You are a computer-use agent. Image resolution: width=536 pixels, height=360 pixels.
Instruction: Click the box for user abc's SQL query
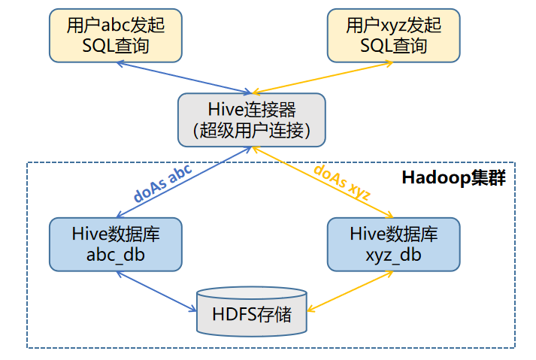116,35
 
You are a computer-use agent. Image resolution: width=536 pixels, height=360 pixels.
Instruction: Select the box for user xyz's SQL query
393,35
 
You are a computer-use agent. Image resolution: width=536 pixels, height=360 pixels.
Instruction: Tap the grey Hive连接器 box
252,120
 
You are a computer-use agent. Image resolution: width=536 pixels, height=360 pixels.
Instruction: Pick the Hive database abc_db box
116,244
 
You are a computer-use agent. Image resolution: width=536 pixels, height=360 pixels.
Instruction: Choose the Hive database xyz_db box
393,244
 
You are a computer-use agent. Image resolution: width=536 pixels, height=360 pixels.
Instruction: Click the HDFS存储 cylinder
252,311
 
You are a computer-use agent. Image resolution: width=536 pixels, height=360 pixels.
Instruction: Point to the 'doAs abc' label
162,183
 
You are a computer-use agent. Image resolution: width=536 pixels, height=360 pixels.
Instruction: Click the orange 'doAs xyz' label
342,182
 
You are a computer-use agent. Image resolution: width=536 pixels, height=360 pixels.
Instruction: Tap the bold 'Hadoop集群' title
453,178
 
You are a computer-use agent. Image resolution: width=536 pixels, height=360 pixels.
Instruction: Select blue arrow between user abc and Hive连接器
184,77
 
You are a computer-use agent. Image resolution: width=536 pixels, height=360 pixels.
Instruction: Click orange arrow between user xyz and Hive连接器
323,77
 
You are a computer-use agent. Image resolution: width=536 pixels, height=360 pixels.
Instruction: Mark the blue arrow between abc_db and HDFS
156,292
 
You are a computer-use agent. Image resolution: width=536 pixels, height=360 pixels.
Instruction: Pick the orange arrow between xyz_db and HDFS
350,292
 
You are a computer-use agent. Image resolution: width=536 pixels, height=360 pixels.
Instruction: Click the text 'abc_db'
116,256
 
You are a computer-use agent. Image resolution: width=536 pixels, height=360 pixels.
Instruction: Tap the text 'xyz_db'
393,256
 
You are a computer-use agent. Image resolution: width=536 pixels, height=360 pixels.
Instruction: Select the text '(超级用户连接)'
252,131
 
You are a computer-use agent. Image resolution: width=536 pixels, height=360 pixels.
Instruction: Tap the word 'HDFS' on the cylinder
235,314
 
